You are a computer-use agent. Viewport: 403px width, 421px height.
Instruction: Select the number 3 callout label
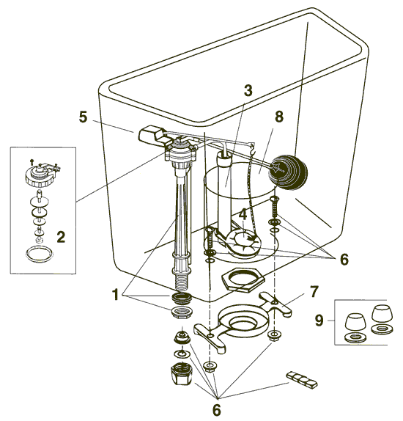(x=248, y=91)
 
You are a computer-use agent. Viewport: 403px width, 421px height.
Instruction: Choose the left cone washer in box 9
(x=354, y=321)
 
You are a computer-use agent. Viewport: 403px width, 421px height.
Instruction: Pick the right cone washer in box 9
(x=380, y=318)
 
